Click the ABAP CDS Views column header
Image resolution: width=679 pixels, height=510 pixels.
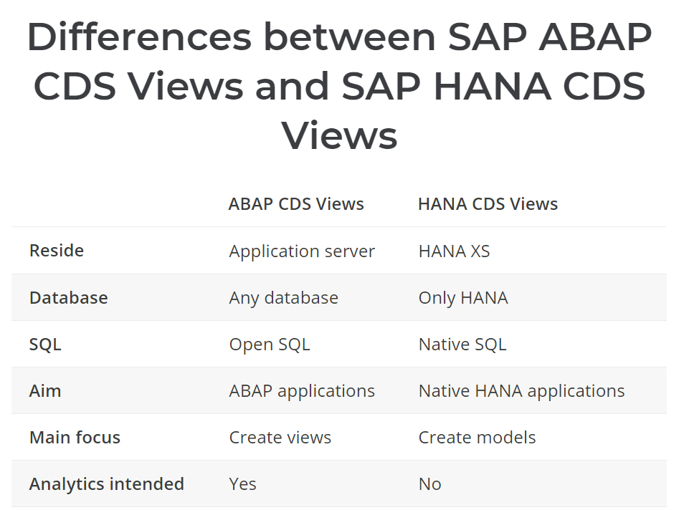[x=296, y=204]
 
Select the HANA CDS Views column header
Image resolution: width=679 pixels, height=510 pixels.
[x=488, y=204]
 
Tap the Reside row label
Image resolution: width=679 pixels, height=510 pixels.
[x=57, y=251]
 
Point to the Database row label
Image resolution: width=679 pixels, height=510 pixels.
[x=69, y=298]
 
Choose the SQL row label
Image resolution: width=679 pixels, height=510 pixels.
[x=45, y=345]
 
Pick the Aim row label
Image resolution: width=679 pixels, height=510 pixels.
[x=45, y=391]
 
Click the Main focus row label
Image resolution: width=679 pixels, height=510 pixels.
[x=75, y=438]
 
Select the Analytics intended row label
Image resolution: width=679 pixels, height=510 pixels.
[x=107, y=484]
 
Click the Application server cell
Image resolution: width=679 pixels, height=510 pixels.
[x=302, y=251]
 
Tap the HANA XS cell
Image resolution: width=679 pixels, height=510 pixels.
[x=455, y=251]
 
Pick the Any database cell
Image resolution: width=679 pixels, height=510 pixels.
[x=284, y=298]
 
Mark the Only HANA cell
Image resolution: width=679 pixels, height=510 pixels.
[x=463, y=298]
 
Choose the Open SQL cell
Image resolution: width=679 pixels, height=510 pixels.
[x=270, y=345]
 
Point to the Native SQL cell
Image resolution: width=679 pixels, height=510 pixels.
[x=462, y=345]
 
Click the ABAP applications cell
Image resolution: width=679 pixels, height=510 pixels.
[x=302, y=391]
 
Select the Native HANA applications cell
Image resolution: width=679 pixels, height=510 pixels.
[x=522, y=391]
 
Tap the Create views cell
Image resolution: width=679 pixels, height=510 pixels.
[x=280, y=438]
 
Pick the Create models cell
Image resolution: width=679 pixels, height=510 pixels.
[x=478, y=438]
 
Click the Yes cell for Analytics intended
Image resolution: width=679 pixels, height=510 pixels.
[x=243, y=484]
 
